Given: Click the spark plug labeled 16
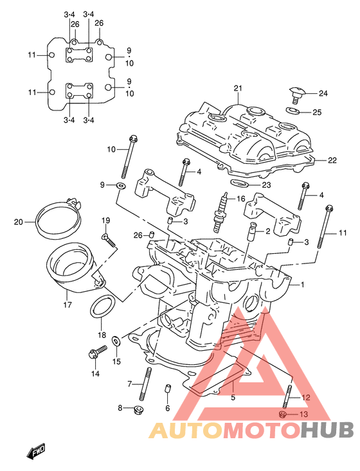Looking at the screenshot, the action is pos(221,212).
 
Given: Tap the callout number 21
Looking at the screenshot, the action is pos(238,88).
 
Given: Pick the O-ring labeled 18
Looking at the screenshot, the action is pos(102,306).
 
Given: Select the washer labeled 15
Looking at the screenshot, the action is pos(116,341).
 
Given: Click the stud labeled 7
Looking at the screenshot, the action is pos(145,384).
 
